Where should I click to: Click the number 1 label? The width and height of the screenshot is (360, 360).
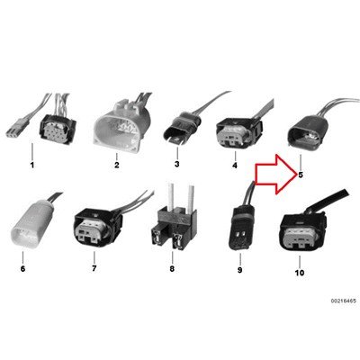(x=32, y=165)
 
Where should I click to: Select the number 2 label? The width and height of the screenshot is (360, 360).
(x=117, y=165)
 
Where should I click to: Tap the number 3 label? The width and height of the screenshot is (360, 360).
(x=177, y=164)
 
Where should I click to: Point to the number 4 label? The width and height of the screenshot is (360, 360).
(x=235, y=165)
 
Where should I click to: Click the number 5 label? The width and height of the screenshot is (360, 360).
(x=301, y=175)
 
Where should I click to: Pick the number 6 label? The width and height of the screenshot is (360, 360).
(x=22, y=269)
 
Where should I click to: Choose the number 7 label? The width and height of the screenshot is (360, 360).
(x=94, y=268)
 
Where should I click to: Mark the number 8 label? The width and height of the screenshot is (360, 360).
(x=172, y=268)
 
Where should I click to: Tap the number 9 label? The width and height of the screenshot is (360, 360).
(x=239, y=270)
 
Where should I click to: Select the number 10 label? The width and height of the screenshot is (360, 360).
(x=300, y=273)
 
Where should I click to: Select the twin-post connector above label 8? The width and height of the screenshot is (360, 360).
(x=173, y=222)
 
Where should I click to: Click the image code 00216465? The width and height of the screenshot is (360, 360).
(x=344, y=301)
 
